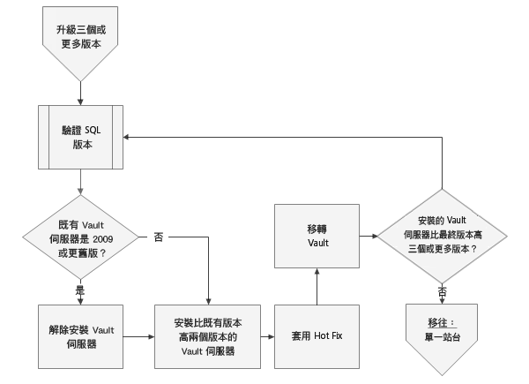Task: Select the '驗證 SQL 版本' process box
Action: click(81, 136)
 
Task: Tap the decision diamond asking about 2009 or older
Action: click(81, 237)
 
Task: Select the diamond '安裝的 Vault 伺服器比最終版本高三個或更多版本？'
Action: click(440, 236)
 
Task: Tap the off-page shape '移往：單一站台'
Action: click(440, 330)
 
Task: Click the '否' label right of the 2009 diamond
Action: click(158, 237)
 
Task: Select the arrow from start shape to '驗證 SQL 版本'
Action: click(81, 87)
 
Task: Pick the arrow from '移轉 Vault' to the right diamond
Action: click(368, 236)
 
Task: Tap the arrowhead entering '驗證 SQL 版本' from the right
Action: click(129, 137)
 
